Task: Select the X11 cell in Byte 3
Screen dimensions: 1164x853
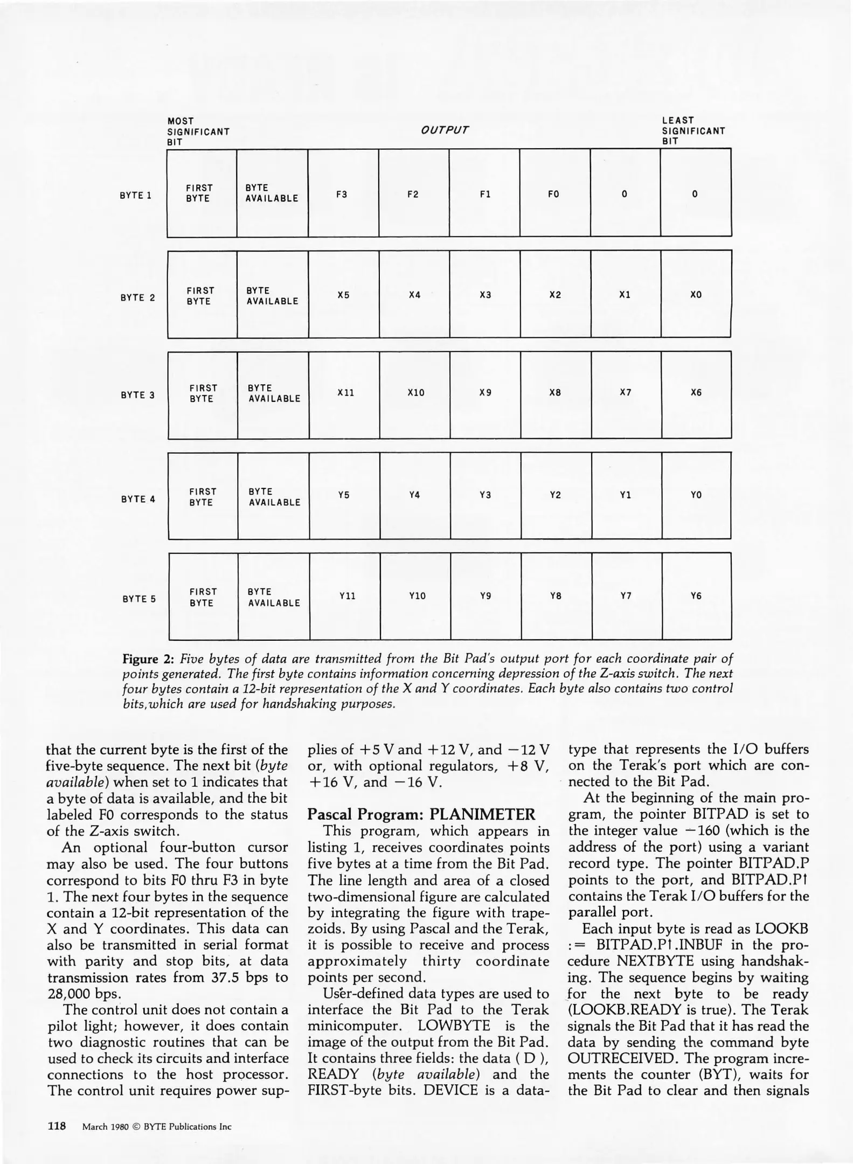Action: tap(345, 393)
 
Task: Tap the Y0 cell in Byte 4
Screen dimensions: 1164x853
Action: tap(696, 495)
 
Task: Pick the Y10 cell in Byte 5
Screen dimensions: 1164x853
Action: tap(417, 595)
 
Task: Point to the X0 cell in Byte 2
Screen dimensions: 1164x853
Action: tap(696, 295)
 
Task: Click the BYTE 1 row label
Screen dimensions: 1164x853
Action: tap(135, 195)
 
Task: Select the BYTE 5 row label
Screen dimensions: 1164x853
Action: tap(139, 599)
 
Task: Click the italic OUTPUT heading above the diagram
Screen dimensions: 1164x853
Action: tap(445, 130)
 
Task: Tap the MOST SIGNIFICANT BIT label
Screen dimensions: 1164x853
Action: tap(198, 131)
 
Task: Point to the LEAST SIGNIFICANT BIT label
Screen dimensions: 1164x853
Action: tap(693, 131)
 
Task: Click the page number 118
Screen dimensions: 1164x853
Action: tap(56, 1126)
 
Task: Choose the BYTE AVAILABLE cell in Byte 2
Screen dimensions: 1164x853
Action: tap(272, 296)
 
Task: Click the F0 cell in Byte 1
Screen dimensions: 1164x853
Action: tap(553, 194)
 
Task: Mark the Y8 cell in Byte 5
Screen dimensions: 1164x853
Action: tap(556, 595)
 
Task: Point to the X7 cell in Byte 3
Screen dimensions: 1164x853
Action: tap(625, 392)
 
